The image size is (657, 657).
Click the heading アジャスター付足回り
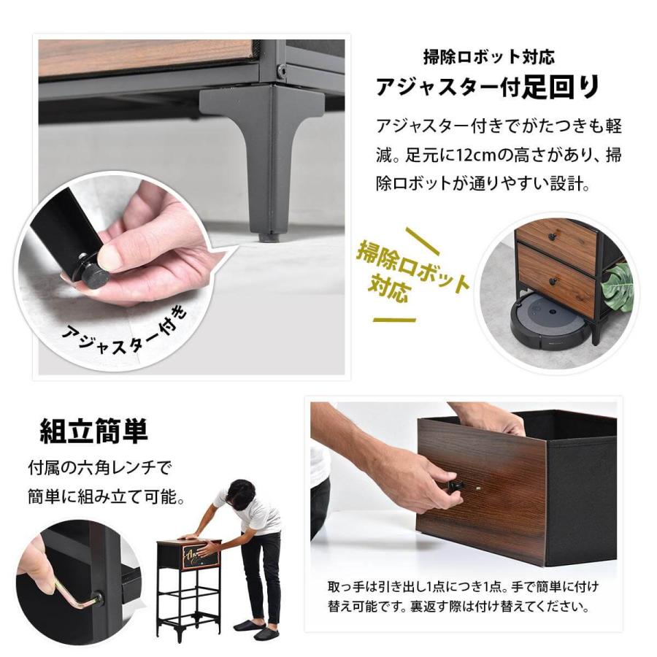[488, 87]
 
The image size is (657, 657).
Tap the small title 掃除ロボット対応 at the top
[488, 56]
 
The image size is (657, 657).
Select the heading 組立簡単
[94, 431]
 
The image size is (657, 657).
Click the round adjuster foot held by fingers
[95, 275]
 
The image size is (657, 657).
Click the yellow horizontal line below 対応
[394, 320]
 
